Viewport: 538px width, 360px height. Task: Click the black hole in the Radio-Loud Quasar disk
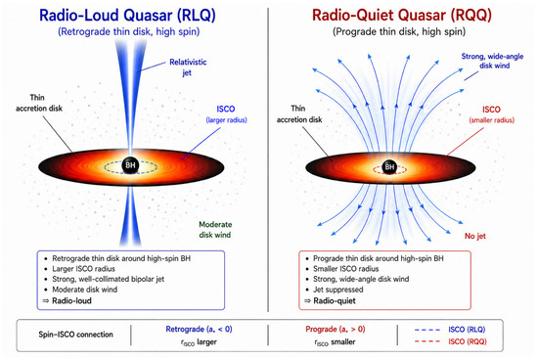coord(130,165)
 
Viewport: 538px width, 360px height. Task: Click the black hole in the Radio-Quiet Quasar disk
coord(389,166)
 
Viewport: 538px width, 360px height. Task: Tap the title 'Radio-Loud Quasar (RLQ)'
coord(127,15)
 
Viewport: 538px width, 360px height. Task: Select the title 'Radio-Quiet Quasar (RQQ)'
coord(402,15)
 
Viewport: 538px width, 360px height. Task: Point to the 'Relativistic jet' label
coord(188,67)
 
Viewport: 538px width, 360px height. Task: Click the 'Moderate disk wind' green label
coord(215,230)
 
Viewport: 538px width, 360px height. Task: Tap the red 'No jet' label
coord(475,236)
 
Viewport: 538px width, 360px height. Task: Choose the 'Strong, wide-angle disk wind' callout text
coord(492,61)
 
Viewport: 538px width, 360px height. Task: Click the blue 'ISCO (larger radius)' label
coord(226,113)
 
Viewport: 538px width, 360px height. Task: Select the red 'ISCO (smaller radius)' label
coord(492,114)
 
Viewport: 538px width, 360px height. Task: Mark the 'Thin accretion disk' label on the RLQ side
coord(39,103)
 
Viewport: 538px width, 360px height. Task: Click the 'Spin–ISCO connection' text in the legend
coord(76,335)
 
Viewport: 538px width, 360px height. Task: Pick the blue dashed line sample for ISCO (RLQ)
coord(427,330)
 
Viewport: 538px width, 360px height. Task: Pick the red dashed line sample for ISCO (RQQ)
coord(427,341)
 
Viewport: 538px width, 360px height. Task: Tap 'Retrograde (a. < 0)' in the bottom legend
coord(199,329)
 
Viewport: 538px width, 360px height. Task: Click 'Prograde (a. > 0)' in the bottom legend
coord(336,329)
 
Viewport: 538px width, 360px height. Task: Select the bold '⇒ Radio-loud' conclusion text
coord(67,301)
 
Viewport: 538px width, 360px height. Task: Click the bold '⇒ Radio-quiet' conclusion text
coord(330,301)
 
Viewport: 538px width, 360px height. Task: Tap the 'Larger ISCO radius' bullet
coord(83,269)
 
